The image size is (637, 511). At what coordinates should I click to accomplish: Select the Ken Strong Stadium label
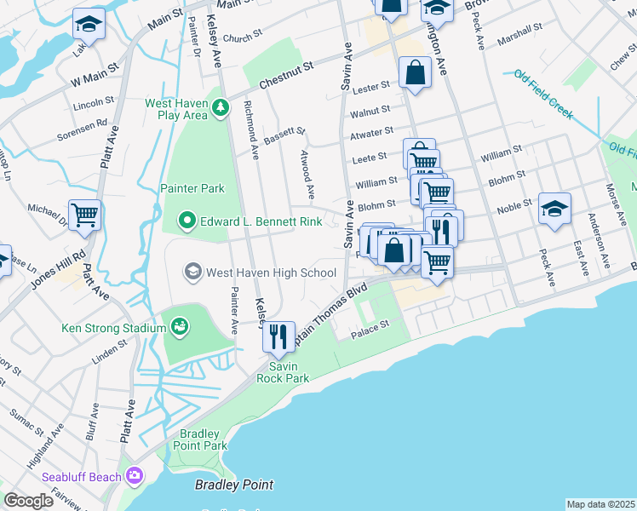pyautogui.click(x=113, y=328)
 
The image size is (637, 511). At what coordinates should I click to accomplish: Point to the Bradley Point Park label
pyautogui.click(x=200, y=439)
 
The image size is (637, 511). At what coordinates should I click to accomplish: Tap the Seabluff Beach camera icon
pyautogui.click(x=134, y=476)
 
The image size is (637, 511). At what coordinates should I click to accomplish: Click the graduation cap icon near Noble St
pyautogui.click(x=554, y=208)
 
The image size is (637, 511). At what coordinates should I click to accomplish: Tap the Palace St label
pyautogui.click(x=372, y=325)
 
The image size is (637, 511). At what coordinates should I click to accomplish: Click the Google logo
pyautogui.click(x=28, y=501)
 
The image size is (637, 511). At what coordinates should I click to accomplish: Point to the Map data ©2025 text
pyautogui.click(x=600, y=504)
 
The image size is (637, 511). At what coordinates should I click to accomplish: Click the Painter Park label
pyautogui.click(x=192, y=188)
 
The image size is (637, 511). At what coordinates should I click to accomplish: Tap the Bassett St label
pyautogui.click(x=284, y=136)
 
